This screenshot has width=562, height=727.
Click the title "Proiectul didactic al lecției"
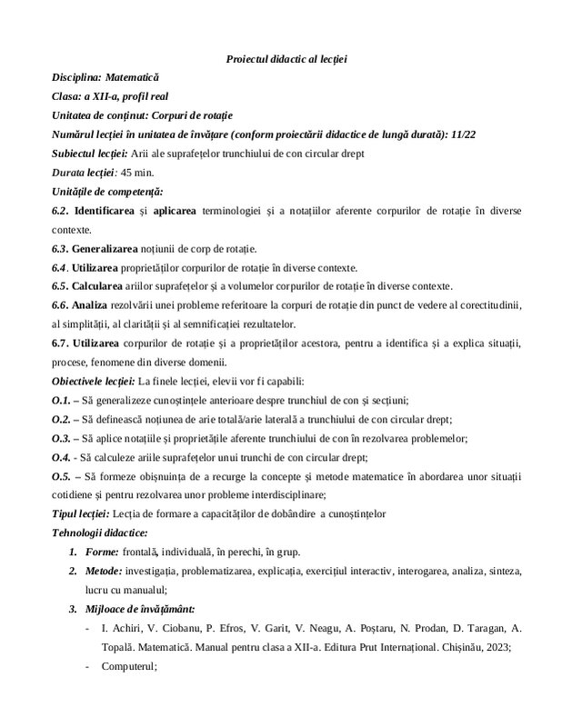tap(286, 59)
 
